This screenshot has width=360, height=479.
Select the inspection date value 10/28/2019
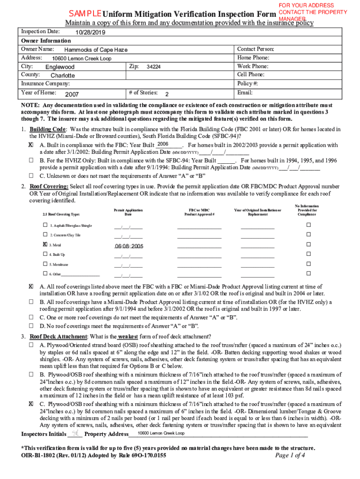(x=91, y=32)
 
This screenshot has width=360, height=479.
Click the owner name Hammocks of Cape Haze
(x=95, y=50)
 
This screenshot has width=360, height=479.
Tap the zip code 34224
(x=154, y=67)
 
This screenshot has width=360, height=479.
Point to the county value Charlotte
(x=63, y=75)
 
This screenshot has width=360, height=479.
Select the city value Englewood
(x=60, y=67)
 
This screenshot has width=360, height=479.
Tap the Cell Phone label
(x=251, y=75)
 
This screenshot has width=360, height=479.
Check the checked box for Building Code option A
(x=31, y=145)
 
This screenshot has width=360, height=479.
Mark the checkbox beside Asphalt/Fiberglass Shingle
(x=45, y=225)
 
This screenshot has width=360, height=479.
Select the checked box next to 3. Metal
(x=45, y=244)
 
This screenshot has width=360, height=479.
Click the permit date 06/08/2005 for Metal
(x=129, y=246)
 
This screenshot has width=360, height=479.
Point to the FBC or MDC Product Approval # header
(x=199, y=212)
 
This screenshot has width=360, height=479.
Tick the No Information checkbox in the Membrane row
(x=308, y=264)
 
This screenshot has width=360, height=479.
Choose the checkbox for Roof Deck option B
(x=31, y=375)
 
